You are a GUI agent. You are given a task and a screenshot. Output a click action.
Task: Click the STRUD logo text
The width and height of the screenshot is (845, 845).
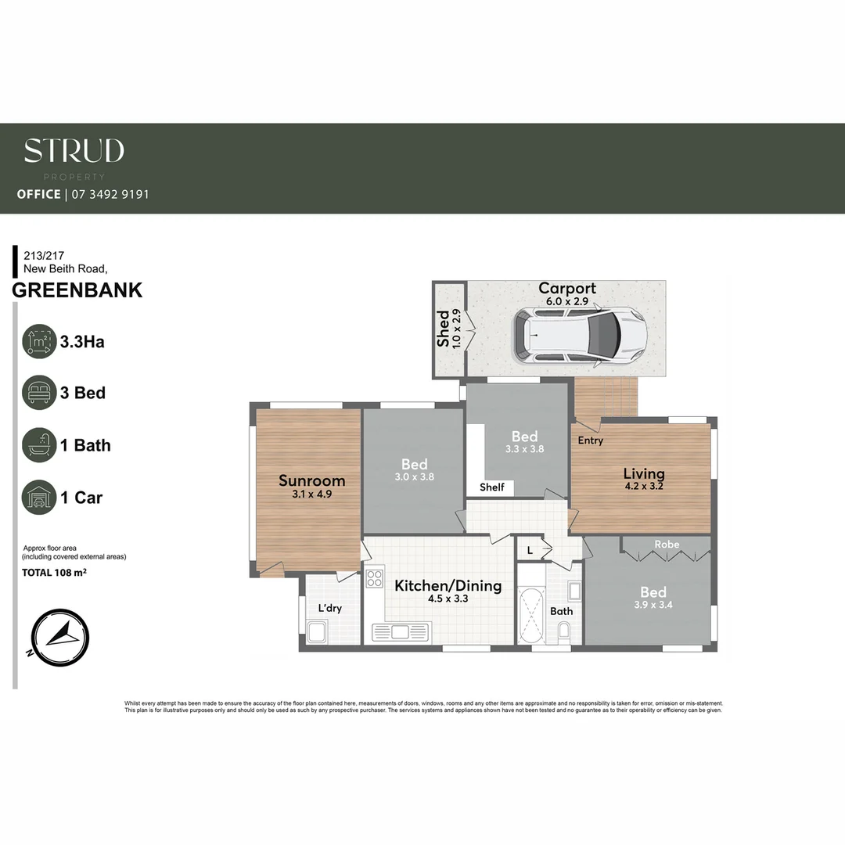coord(74,151)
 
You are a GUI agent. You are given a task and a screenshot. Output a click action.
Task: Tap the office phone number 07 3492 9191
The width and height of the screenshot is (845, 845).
coord(110,194)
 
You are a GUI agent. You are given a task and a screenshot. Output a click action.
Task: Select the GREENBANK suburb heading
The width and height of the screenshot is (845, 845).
coord(77,290)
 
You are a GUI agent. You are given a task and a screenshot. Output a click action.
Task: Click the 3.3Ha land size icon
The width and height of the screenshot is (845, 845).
coord(39,341)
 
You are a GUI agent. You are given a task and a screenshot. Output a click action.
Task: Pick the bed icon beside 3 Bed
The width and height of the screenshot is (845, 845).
coord(39,393)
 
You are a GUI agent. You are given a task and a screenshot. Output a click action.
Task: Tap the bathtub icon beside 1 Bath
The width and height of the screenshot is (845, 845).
coord(39,445)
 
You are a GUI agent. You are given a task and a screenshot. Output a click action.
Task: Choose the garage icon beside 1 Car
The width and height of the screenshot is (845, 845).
coord(39,498)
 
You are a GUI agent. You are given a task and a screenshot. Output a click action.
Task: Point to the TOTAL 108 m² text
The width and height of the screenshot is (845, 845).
coord(53,573)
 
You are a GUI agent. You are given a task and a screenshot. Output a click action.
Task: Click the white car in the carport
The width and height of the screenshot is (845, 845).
coord(580,335)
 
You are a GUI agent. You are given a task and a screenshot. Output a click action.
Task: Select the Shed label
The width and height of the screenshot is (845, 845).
coord(444,329)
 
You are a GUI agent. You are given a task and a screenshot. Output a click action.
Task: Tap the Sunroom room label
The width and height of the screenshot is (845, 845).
coord(311,480)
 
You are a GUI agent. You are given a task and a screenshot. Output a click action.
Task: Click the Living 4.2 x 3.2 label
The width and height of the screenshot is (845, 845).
coord(644,479)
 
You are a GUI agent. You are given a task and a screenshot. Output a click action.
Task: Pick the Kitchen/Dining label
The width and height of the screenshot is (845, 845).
coord(448,585)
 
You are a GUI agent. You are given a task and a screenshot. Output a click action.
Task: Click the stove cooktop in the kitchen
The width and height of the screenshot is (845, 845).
coord(375,579)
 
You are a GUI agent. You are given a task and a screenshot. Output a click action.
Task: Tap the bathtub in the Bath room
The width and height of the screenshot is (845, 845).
coord(531,615)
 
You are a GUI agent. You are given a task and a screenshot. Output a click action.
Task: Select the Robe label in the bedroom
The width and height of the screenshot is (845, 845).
coord(667,544)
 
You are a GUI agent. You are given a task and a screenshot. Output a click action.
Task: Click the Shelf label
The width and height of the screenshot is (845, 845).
coord(492,487)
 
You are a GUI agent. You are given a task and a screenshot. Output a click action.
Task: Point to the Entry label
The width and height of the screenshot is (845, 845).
coord(591,440)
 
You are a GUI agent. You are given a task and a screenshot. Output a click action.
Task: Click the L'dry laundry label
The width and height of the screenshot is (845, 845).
coord(329,608)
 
